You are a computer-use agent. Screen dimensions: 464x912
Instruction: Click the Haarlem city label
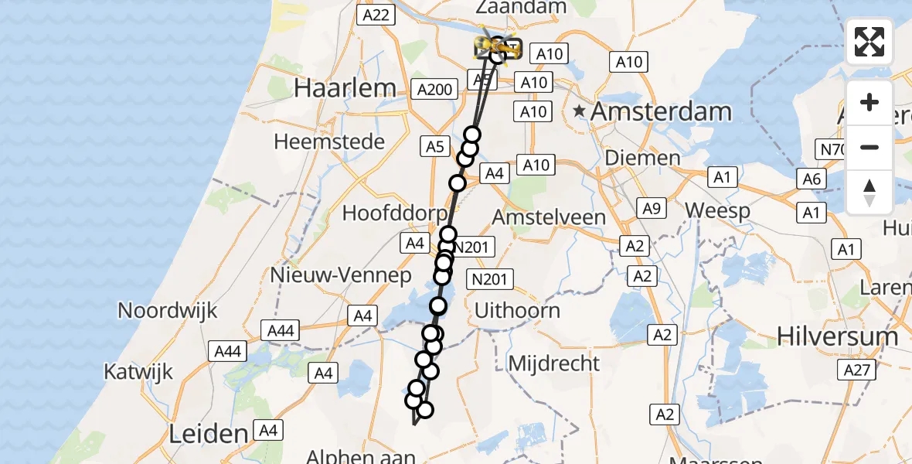click(x=345, y=88)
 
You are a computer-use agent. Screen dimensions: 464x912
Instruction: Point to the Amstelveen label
click(x=549, y=217)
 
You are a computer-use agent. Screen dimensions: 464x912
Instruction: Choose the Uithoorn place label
click(x=517, y=311)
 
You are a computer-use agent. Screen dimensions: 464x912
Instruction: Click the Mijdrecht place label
click(x=554, y=363)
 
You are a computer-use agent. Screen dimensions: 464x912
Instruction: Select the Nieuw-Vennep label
click(x=331, y=275)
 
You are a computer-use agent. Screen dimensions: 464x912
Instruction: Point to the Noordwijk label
click(x=168, y=311)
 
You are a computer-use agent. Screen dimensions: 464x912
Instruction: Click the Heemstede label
click(x=329, y=142)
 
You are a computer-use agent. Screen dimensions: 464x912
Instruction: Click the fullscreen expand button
click(x=869, y=42)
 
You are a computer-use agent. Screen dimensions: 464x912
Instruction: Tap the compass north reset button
click(x=869, y=192)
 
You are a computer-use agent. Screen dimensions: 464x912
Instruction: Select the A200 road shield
click(x=434, y=90)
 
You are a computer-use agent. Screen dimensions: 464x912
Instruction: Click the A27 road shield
click(x=857, y=370)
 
